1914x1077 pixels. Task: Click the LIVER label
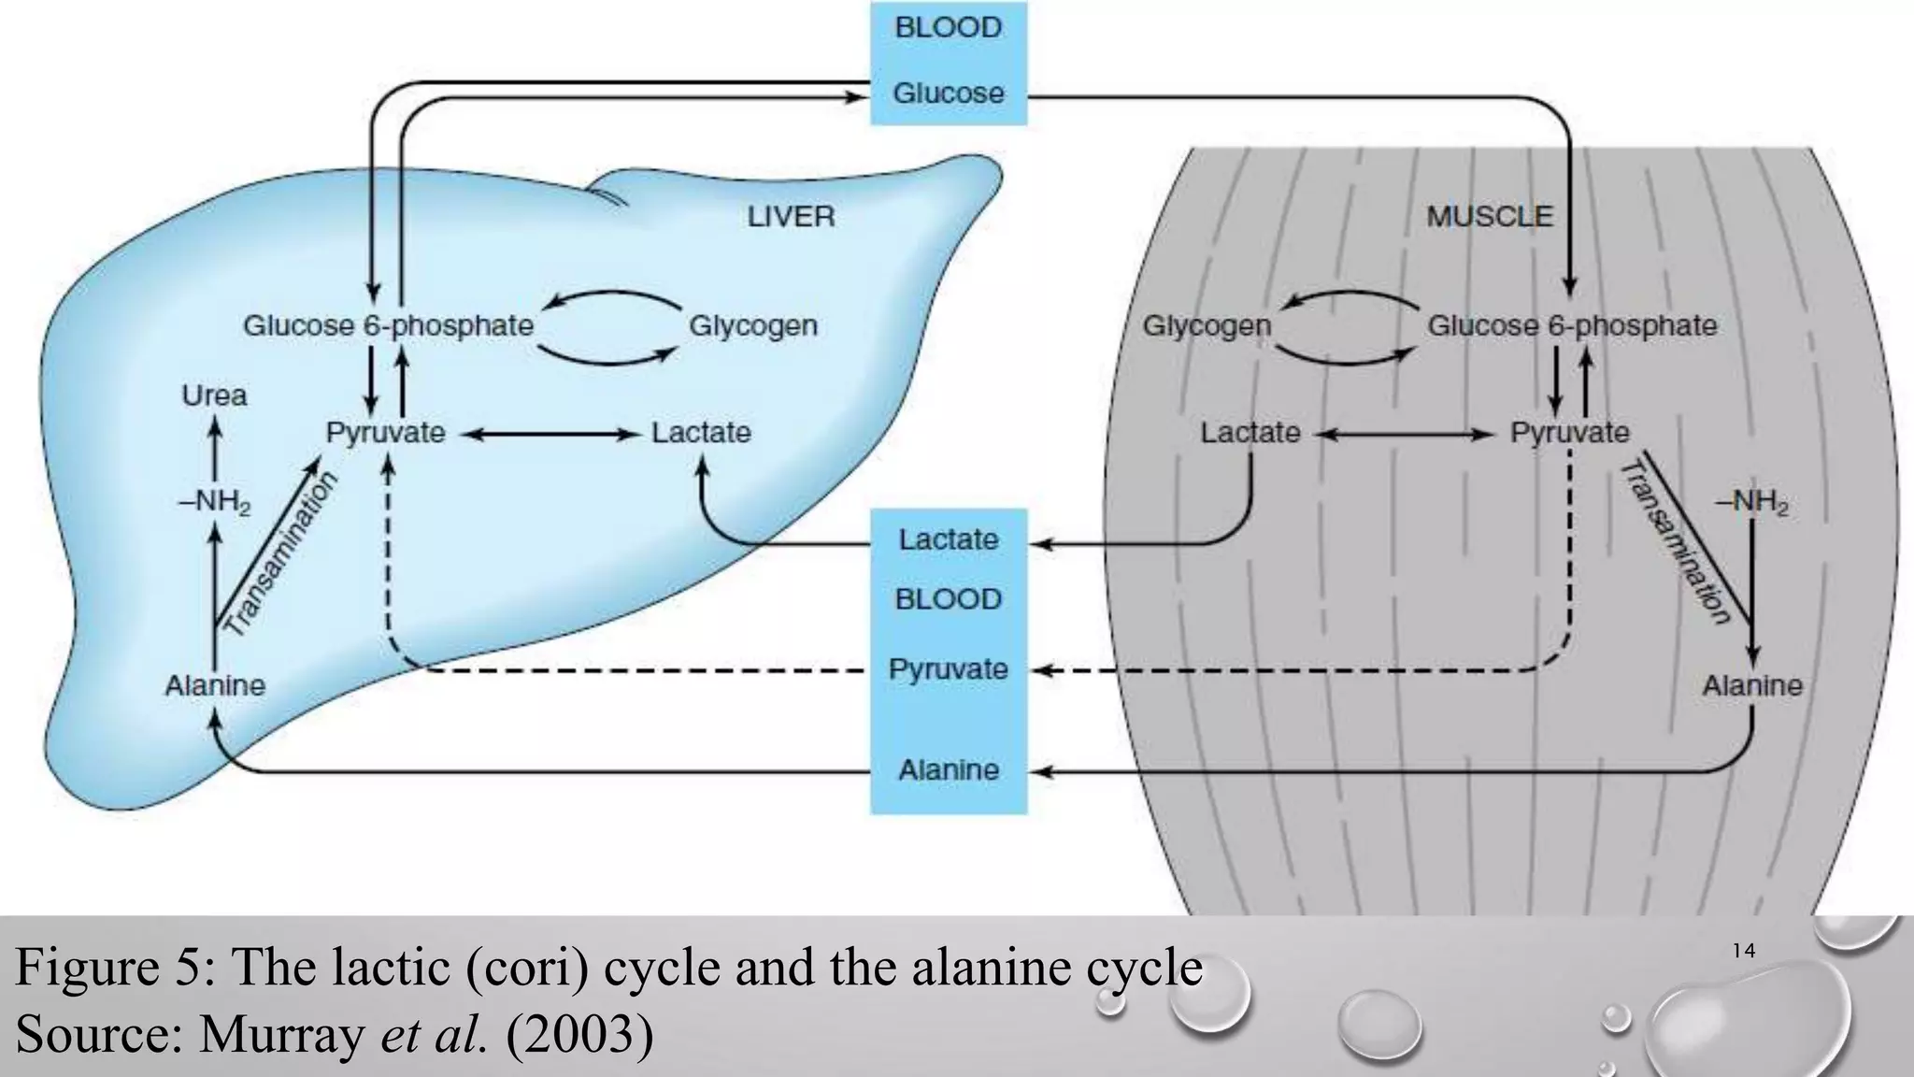click(791, 217)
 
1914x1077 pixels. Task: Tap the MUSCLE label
click(1489, 217)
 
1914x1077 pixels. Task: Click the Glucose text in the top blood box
click(948, 93)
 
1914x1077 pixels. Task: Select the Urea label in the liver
click(214, 395)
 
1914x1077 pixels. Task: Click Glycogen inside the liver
click(753, 326)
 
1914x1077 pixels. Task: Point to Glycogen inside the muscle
click(1207, 326)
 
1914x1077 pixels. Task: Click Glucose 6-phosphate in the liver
click(388, 326)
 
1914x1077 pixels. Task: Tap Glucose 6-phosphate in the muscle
click(1572, 326)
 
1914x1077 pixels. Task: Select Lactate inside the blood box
click(948, 539)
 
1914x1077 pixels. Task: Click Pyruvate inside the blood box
click(948, 669)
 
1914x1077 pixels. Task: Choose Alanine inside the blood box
click(948, 770)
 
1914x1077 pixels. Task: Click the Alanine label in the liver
click(215, 686)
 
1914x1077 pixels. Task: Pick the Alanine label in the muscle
click(1751, 686)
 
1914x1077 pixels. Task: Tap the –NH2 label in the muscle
click(1751, 503)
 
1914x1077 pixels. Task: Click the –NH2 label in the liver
click(214, 503)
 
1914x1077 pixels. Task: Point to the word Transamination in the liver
click(281, 554)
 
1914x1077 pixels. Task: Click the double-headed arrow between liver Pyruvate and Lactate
click(549, 434)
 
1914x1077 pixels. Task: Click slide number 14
click(1744, 952)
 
